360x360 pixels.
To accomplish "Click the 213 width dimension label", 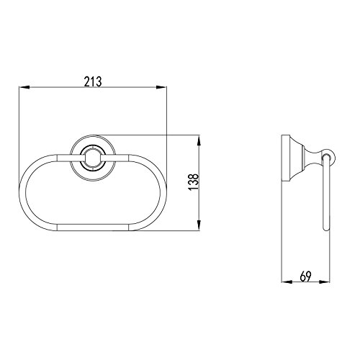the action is [93, 81].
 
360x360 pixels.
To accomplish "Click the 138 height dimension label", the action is [194, 182].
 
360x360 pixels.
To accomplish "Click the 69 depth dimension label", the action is [305, 276].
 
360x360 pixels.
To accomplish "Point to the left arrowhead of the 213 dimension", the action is [24, 87].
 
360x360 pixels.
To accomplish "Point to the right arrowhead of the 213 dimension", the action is [161, 87].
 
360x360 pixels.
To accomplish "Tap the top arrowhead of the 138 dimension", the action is [199, 140].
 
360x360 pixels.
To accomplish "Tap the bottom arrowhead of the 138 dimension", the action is [199, 225].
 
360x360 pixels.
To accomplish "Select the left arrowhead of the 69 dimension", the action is [287, 282].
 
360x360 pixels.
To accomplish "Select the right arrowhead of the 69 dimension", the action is [325, 282].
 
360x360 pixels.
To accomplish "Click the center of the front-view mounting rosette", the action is [93, 158].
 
